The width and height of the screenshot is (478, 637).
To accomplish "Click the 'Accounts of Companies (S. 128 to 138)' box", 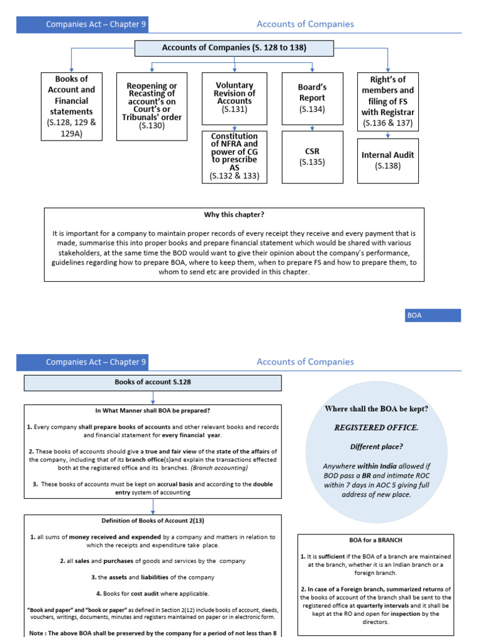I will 234,48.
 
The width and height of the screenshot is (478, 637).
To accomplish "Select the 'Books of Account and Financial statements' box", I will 72,106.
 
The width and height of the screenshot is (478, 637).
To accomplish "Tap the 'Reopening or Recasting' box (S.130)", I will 151,106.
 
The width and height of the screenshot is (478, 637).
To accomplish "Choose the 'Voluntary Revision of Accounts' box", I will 234,98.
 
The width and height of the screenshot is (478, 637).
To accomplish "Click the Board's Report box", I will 312,98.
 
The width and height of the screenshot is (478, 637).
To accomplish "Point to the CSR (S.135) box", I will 312,157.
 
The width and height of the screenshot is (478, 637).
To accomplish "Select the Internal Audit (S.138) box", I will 388,160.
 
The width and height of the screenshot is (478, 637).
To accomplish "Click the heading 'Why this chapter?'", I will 234,215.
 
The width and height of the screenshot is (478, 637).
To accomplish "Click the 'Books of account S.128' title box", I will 152,383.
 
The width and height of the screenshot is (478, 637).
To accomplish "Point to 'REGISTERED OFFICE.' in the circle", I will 376,427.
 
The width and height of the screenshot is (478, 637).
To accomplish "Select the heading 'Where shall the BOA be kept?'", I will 376,409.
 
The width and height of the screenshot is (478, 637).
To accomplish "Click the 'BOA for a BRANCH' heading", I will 375,541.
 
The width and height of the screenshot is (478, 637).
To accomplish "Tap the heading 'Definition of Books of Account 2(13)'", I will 152,521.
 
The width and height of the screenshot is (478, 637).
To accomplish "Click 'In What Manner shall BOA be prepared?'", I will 152,411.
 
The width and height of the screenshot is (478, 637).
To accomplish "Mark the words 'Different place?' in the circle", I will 376,447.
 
